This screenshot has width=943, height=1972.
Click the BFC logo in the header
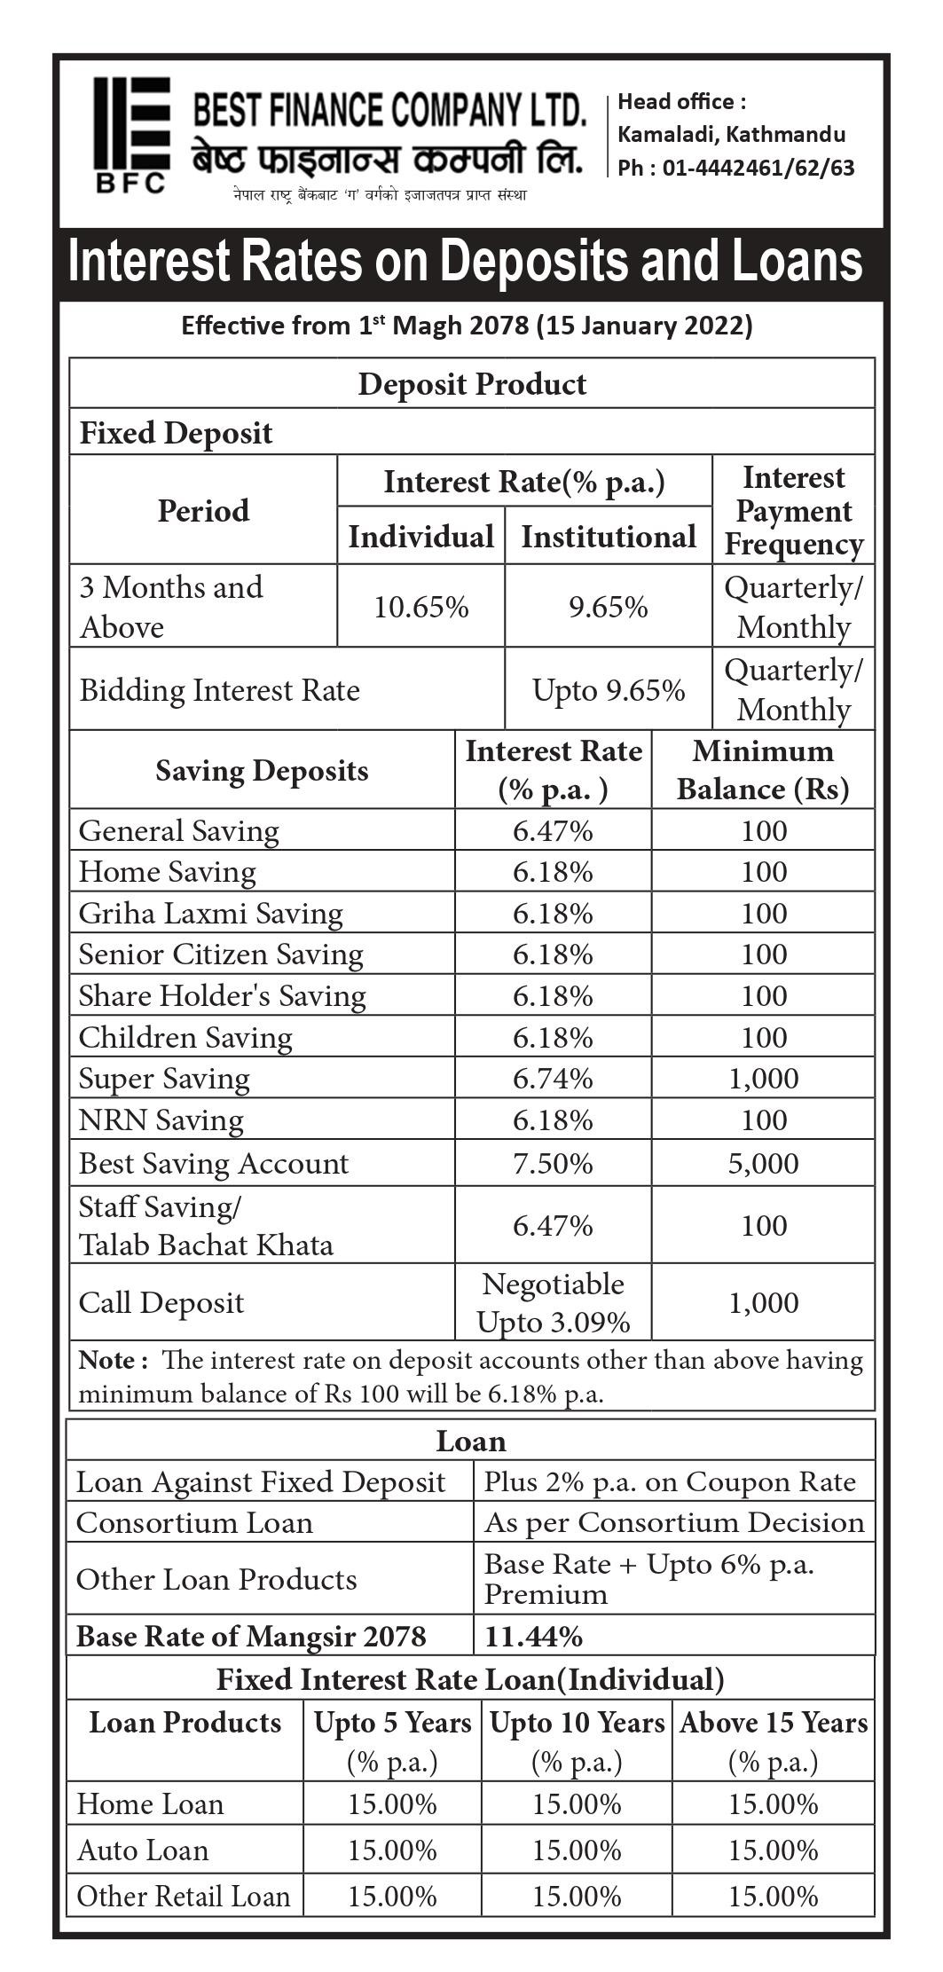click(131, 134)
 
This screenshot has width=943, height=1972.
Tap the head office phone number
click(735, 168)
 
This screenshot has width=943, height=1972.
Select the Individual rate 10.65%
click(420, 608)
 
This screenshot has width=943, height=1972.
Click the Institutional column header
click(608, 537)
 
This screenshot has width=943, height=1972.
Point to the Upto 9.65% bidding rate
click(608, 690)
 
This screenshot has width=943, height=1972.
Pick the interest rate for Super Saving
click(552, 1079)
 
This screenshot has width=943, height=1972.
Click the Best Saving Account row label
click(214, 1163)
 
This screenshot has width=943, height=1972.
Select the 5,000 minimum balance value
click(763, 1163)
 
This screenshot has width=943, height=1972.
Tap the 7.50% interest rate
click(552, 1163)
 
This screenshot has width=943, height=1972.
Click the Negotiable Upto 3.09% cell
click(553, 1302)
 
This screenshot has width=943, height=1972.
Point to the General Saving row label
click(178, 831)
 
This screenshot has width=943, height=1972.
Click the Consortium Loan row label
click(194, 1522)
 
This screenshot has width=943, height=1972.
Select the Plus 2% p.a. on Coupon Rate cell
click(670, 1481)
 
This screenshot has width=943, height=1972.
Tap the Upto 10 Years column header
click(577, 1723)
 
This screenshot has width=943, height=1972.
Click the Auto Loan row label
click(143, 1850)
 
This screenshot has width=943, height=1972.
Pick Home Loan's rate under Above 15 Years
click(773, 1803)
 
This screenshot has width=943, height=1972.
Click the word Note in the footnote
click(106, 1360)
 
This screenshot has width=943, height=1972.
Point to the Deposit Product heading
click(472, 384)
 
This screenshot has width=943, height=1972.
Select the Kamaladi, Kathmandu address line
click(731, 135)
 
